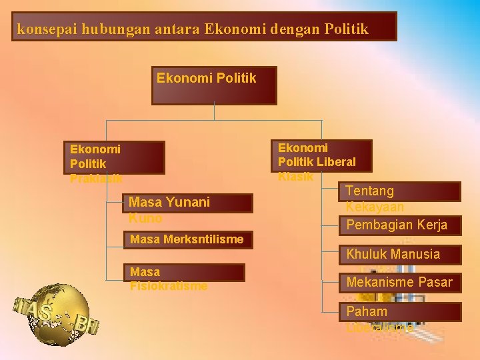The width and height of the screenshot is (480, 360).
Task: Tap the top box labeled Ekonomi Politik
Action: pos(213,85)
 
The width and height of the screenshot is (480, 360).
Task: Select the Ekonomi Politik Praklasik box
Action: pos(114,157)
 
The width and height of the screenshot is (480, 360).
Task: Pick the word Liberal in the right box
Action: pos(337,162)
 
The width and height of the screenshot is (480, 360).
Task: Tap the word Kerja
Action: pos(431,225)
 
